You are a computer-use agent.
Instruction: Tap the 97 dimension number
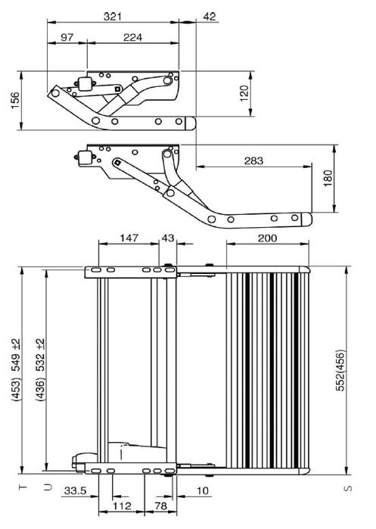[x=67, y=37]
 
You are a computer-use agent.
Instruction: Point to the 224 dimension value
[x=133, y=37]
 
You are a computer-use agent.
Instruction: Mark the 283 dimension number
[x=253, y=160]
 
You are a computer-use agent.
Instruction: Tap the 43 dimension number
[x=168, y=238]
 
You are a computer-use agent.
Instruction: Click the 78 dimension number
[x=160, y=505]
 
